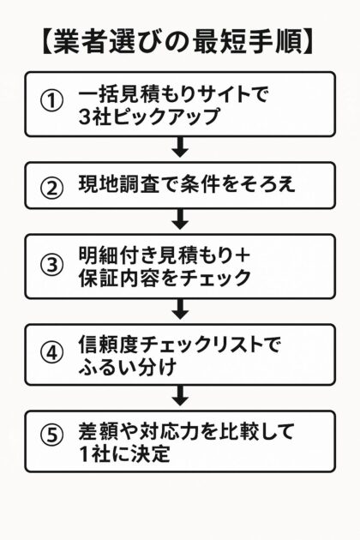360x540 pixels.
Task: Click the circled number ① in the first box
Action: tap(53, 101)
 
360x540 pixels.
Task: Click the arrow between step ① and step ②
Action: tap(180, 147)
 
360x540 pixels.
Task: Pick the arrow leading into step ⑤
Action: tap(180, 395)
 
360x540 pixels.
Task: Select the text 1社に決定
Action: tap(125, 453)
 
